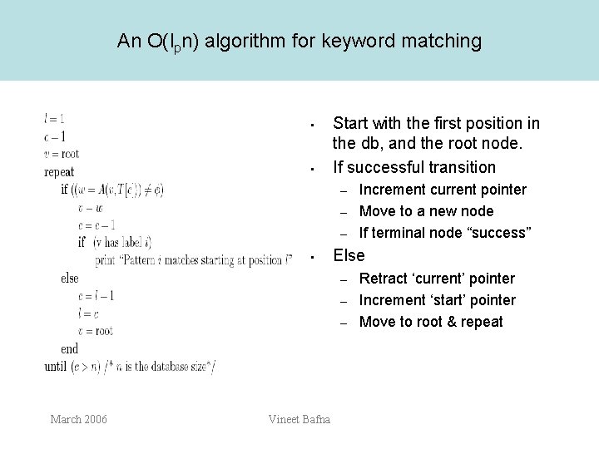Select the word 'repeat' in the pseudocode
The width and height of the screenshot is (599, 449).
click(59, 173)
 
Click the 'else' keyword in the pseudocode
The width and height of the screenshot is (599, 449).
click(70, 279)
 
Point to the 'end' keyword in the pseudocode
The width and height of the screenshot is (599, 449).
click(70, 349)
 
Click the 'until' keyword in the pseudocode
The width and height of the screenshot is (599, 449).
click(56, 367)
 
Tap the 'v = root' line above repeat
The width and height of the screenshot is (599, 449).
click(62, 153)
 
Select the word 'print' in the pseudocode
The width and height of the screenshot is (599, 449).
click(106, 260)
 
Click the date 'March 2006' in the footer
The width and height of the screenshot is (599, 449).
click(78, 419)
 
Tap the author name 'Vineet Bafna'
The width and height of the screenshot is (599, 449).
click(299, 419)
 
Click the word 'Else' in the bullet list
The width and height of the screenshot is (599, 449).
click(349, 255)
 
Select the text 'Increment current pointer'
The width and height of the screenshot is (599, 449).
click(443, 190)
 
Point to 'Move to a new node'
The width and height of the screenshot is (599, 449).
click(426, 211)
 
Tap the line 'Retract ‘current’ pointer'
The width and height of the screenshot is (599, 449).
click(437, 279)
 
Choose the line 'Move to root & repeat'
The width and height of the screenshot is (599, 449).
click(431, 322)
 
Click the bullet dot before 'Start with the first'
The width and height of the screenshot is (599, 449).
click(309, 126)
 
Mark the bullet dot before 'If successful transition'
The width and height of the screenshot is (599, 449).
click(309, 170)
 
